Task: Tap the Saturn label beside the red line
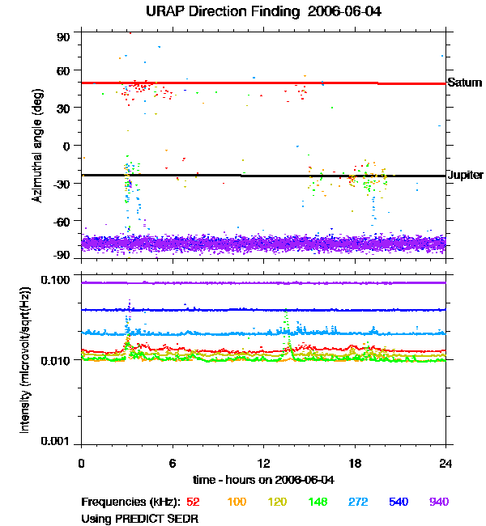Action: pyautogui.click(x=465, y=83)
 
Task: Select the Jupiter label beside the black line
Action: pyautogui.click(x=466, y=175)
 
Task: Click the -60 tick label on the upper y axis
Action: pyautogui.click(x=62, y=221)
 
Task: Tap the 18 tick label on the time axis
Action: pyautogui.click(x=355, y=463)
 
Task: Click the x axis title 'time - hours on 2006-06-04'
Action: pyautogui.click(x=264, y=480)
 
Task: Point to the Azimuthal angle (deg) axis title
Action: pyautogui.click(x=36, y=146)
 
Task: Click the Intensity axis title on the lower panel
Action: pyautogui.click(x=25, y=360)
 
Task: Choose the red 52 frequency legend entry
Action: pyautogui.click(x=194, y=503)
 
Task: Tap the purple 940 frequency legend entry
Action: pyautogui.click(x=438, y=503)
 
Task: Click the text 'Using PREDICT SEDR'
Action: pyautogui.click(x=139, y=518)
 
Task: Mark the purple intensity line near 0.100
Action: pyautogui.click(x=263, y=282)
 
